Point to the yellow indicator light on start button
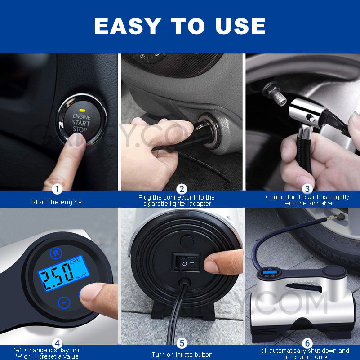point(82,109)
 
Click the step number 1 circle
point(57,189)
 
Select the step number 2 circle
point(182,189)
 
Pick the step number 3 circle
point(307,189)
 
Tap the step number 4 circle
point(57,343)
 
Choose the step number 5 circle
point(182,343)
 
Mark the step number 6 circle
point(307,343)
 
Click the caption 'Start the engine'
point(57,202)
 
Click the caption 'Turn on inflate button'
point(182,355)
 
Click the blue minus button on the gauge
point(65,303)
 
